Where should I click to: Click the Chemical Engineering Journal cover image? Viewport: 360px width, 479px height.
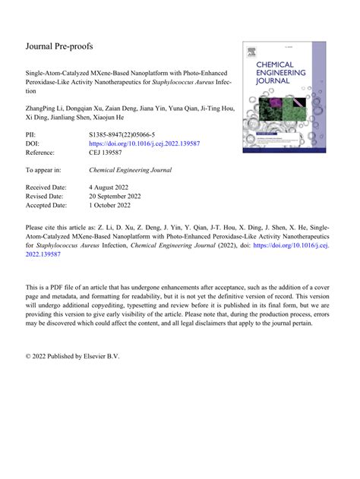click(x=279, y=96)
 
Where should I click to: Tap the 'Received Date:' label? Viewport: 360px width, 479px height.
click(x=46, y=187)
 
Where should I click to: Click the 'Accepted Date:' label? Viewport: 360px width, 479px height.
click(x=46, y=205)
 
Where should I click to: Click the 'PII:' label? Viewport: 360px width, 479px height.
click(x=32, y=133)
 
